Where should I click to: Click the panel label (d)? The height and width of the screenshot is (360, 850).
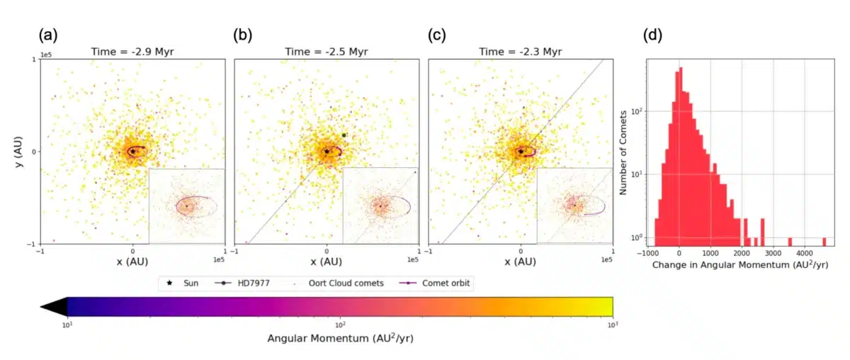(652, 34)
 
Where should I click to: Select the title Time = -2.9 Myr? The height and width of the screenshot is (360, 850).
(132, 52)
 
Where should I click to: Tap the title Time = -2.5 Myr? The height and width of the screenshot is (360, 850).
(327, 52)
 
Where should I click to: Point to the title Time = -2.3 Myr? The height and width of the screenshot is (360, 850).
(521, 52)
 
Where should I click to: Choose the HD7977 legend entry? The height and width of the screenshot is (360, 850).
(255, 283)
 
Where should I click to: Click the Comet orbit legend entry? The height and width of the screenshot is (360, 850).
(438, 283)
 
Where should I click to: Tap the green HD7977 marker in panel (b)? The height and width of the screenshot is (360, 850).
(344, 135)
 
